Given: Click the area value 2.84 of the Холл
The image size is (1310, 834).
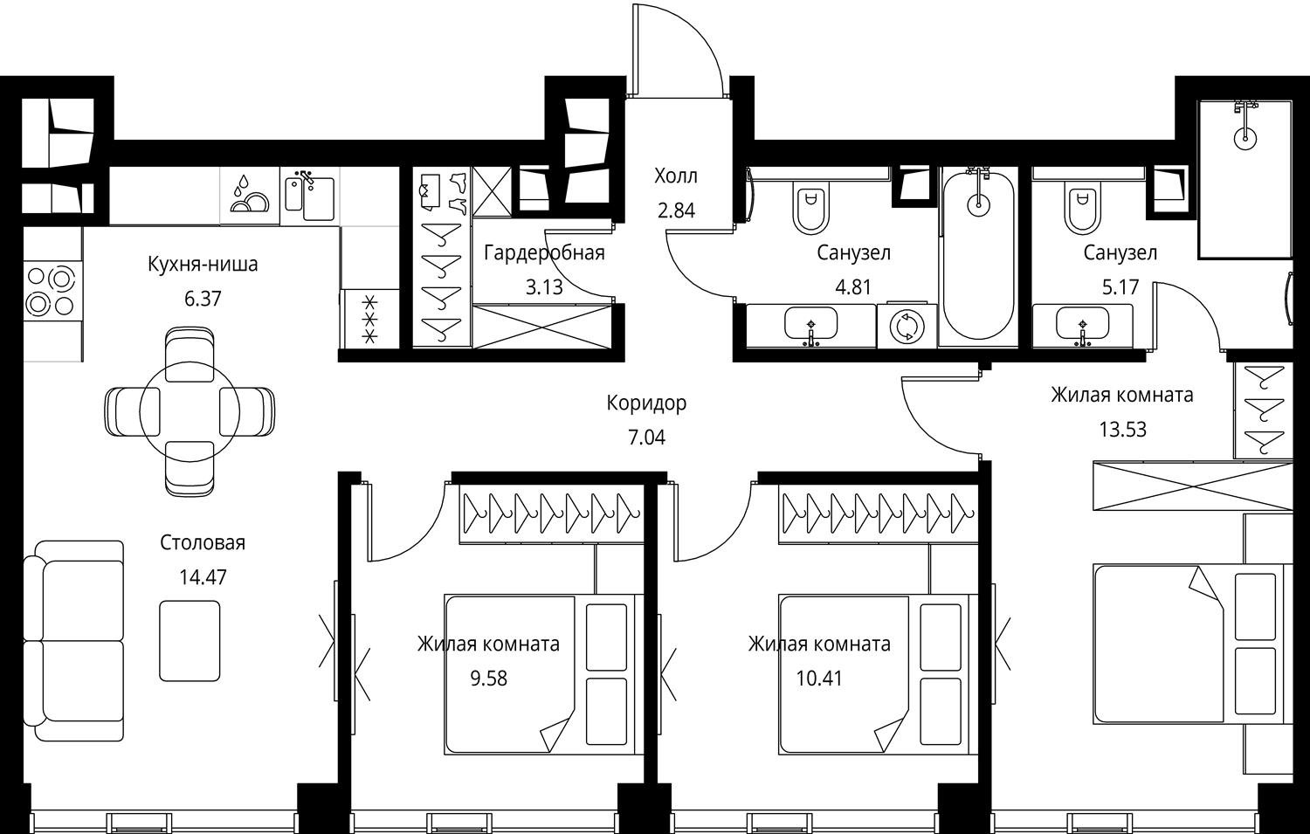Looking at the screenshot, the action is pyautogui.click(x=676, y=210).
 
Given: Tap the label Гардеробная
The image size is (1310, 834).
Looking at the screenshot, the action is pyautogui.click(x=544, y=252).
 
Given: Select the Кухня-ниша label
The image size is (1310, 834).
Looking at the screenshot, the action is pyautogui.click(x=203, y=265).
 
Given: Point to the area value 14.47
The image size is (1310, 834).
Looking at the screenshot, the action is pyautogui.click(x=203, y=577).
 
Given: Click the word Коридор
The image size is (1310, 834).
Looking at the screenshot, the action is pyautogui.click(x=646, y=403).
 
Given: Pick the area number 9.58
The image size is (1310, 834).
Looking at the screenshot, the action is pyautogui.click(x=488, y=679).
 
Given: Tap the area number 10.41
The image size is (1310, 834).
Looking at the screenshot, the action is pyautogui.click(x=819, y=679).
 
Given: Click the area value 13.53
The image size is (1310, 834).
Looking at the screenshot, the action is pyautogui.click(x=1122, y=430).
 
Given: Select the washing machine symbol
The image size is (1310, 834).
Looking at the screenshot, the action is pyautogui.click(x=907, y=326).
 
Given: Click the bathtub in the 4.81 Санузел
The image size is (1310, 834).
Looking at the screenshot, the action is pyautogui.click(x=979, y=255).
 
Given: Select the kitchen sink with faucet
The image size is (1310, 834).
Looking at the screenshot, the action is pyautogui.click(x=309, y=195).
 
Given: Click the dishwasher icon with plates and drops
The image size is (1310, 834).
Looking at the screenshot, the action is pyautogui.click(x=250, y=195).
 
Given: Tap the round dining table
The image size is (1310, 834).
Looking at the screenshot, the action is pyautogui.click(x=190, y=411).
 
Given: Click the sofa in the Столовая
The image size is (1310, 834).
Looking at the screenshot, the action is pyautogui.click(x=74, y=641).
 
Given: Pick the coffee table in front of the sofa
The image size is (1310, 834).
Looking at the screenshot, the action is pyautogui.click(x=190, y=640).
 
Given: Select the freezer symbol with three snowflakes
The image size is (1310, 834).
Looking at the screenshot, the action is pyautogui.click(x=369, y=319).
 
